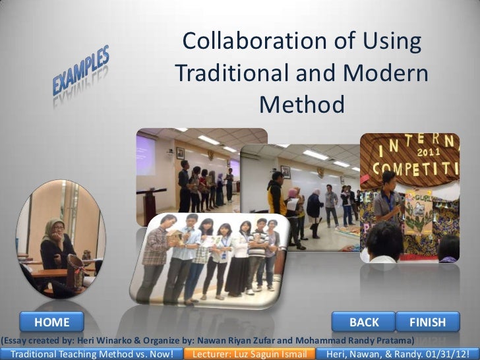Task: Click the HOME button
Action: coord(52,322)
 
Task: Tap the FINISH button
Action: coord(427,322)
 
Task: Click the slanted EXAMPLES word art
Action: coord(81,75)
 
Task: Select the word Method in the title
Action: coord(302,104)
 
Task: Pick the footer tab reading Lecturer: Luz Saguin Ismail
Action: coord(250,354)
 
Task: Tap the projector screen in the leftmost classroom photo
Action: coord(145,156)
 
